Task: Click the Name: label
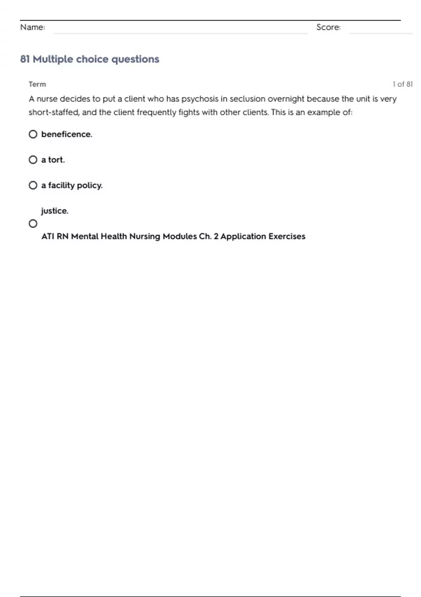33,27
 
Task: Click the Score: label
328,27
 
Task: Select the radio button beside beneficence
33,134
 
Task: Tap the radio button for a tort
33,160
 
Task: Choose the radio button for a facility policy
33,185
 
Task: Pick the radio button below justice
33,223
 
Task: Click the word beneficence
67,134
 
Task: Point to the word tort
56,160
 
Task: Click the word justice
55,211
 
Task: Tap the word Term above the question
37,84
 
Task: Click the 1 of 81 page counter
402,84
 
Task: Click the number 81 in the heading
25,59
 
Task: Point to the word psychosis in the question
200,99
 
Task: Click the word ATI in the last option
48,236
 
